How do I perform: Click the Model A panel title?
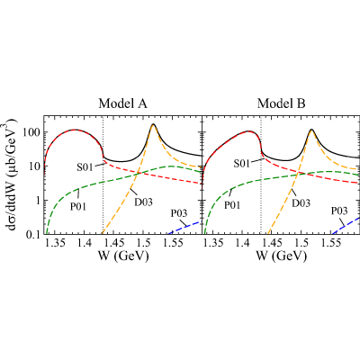pyautogui.click(x=123, y=103)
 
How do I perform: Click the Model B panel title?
pyautogui.click(x=282, y=103)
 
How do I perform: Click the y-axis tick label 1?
pyautogui.click(x=37, y=200)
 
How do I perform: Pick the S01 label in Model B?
pyautogui.click(x=241, y=164)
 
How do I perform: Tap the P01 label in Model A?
pyautogui.click(x=78, y=207)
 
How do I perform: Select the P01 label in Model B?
pyautogui.click(x=232, y=205)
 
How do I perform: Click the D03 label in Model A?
pyautogui.click(x=143, y=202)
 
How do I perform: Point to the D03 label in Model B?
pyautogui.click(x=301, y=203)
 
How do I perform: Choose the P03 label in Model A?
pyautogui.click(x=179, y=213)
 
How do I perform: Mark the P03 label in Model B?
pyautogui.click(x=339, y=211)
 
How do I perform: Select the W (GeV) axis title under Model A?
pyautogui.click(x=123, y=256)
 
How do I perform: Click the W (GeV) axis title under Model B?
pyautogui.click(x=282, y=256)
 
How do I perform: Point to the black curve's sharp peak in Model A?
pyautogui.click(x=153, y=124)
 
